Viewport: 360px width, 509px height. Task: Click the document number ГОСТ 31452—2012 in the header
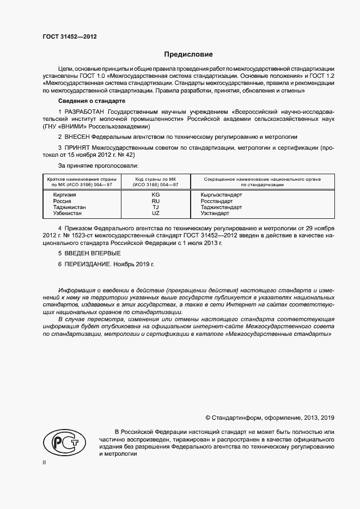[69, 37]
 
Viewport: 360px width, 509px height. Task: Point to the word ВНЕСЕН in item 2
[76, 137]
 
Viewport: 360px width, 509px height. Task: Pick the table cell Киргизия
[65, 194]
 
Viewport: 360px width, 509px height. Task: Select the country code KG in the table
[155, 194]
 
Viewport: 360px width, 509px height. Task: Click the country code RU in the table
[155, 201]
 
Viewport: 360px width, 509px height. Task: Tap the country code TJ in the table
[155, 207]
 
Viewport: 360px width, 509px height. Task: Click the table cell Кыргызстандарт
[221, 194]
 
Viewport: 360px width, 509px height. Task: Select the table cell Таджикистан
[69, 207]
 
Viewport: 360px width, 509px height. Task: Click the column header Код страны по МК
[155, 179]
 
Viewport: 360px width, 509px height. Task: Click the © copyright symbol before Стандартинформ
[208, 418]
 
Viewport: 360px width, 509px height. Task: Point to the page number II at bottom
[44, 462]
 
